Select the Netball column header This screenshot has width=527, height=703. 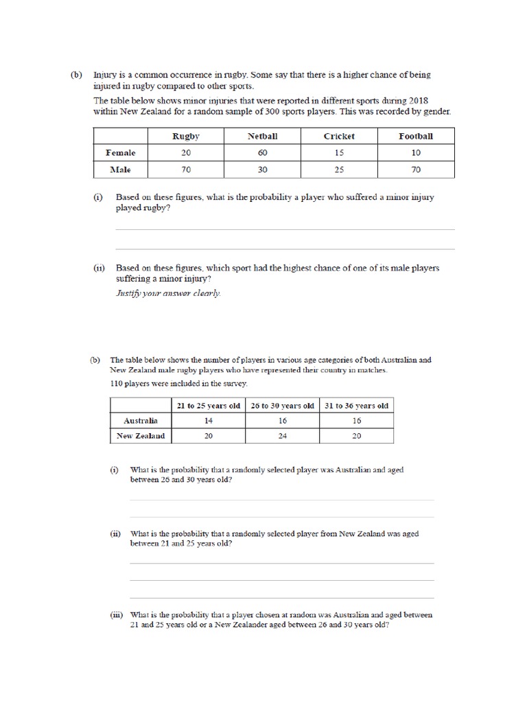tap(263, 136)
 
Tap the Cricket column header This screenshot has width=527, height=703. tap(339, 136)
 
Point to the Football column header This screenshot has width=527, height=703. tap(416, 136)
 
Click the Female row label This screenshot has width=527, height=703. tap(120, 152)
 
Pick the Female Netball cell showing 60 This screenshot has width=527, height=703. tap(263, 152)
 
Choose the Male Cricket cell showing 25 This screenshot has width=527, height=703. tap(339, 169)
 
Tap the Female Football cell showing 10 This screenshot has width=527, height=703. tap(416, 152)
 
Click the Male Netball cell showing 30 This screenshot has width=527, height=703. tap(263, 169)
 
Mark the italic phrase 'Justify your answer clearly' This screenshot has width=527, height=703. tap(168, 293)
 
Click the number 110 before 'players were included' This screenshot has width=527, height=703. tap(117, 383)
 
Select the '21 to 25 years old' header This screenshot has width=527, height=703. tap(208, 405)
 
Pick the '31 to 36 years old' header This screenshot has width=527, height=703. tap(357, 405)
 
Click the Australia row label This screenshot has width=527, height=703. tap(140, 420)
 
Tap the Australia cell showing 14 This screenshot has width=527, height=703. tap(208, 420)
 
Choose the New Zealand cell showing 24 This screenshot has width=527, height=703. tap(283, 436)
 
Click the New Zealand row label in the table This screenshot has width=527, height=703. tap(140, 436)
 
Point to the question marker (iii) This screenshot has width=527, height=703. tap(116, 615)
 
